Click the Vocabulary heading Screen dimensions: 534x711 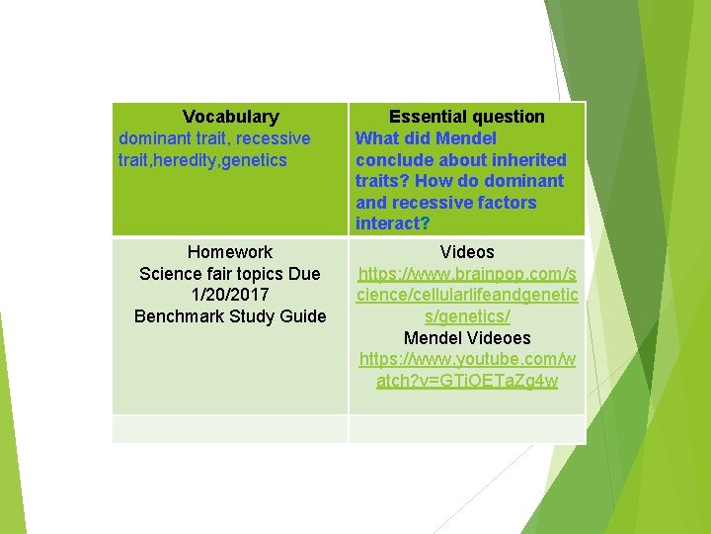coord(230,117)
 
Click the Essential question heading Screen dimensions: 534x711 coord(466,117)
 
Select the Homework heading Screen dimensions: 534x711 coord(230,252)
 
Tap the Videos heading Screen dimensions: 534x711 coord(467,252)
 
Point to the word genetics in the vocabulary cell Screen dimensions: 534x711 coord(256,160)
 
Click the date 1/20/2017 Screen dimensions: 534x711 coord(230,295)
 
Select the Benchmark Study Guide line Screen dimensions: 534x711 coord(230,316)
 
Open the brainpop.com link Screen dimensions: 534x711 coord(467,295)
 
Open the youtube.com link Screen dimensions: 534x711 coord(467,370)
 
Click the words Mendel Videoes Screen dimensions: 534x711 coord(467,338)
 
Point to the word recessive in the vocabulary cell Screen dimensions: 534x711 coord(273,138)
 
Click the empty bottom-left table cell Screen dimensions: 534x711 coord(230,429)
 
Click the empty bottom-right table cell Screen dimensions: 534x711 coord(467,429)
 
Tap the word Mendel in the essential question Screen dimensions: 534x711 coord(465,138)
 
